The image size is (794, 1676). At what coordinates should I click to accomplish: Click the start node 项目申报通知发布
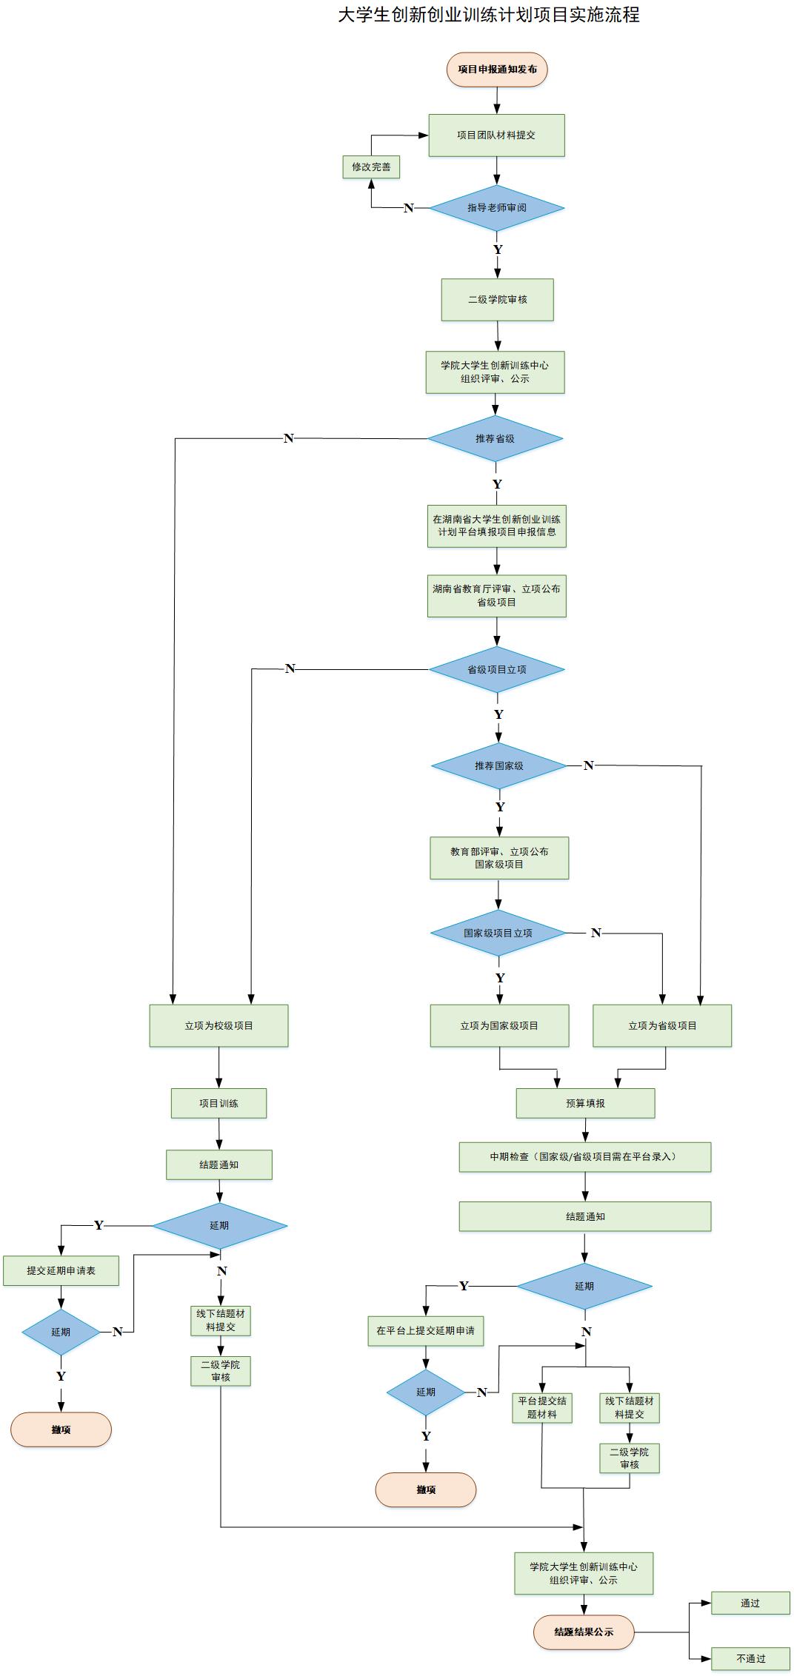click(497, 70)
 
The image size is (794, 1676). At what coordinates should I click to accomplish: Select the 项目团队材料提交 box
click(496, 135)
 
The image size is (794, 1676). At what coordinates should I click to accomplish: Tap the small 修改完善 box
click(371, 167)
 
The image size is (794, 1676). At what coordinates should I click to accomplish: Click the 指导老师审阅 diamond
click(496, 208)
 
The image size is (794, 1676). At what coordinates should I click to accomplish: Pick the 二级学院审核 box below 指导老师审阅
click(497, 300)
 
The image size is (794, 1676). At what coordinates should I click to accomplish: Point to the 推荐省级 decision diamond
click(495, 439)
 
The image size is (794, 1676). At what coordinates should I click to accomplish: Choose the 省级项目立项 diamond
click(496, 670)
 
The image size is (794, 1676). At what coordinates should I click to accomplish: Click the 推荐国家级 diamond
click(498, 766)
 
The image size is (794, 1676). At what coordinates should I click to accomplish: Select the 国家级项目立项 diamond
click(498, 933)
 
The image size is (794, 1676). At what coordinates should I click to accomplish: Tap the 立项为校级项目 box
click(218, 1026)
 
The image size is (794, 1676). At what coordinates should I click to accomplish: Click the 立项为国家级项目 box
click(499, 1026)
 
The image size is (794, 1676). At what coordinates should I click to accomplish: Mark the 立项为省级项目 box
click(662, 1026)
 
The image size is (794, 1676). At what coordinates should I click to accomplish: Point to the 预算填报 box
click(585, 1104)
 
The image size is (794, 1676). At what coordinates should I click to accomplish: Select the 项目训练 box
click(218, 1104)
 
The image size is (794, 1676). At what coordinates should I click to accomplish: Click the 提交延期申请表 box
click(61, 1271)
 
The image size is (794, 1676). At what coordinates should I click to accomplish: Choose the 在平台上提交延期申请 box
click(425, 1331)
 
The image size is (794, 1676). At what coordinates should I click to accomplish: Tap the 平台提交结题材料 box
click(541, 1408)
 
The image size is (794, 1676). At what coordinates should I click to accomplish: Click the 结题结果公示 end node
click(584, 1632)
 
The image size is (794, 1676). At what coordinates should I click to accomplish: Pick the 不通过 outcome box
click(750, 1659)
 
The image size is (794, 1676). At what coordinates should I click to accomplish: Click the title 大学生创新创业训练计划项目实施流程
click(489, 15)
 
